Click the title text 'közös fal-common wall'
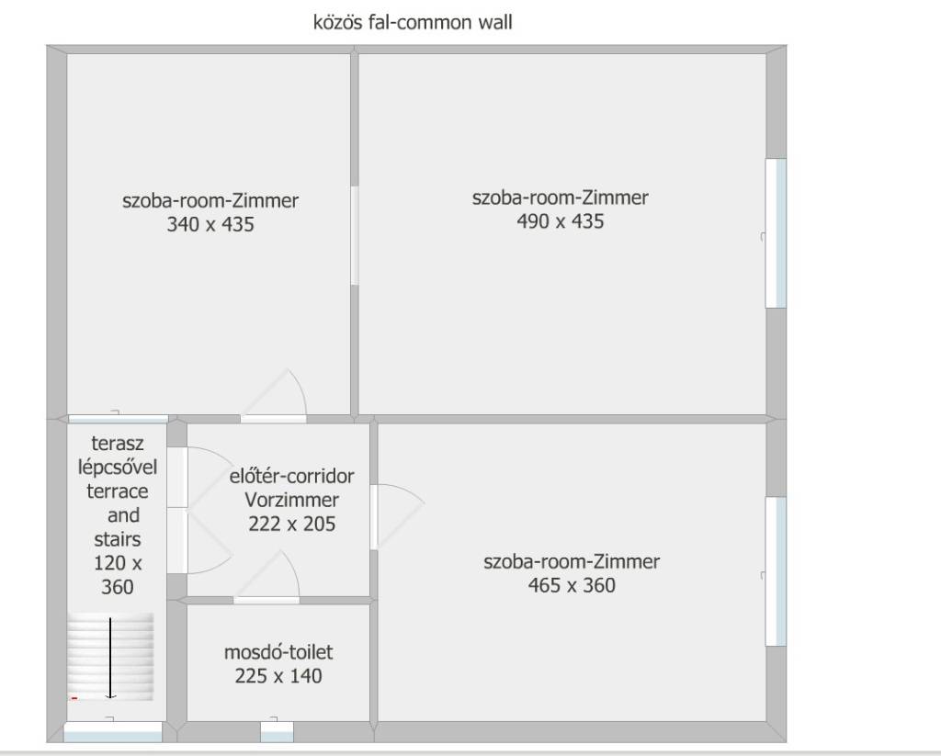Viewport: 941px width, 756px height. pos(413,22)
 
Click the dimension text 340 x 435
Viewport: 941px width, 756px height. pos(210,224)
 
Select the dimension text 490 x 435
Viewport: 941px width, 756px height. pos(561,221)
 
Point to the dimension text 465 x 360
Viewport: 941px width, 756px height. pos(572,585)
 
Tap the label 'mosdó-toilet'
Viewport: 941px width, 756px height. pos(278,652)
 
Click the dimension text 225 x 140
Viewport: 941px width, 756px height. pos(278,676)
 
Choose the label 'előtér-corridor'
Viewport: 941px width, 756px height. pos(291,477)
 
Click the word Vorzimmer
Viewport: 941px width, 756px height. pos(291,500)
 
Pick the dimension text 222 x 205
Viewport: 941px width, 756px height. pos(291,524)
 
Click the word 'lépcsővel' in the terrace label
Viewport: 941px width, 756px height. pos(118,468)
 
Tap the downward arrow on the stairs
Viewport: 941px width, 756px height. pos(110,659)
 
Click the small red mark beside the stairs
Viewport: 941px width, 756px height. pos(74,698)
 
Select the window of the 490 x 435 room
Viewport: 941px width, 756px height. pos(776,233)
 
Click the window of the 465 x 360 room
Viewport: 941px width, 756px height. pos(776,571)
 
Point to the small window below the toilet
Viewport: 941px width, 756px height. pos(277,732)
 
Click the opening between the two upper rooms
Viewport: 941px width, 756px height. pos(355,236)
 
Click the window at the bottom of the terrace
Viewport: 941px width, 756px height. pos(113,732)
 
